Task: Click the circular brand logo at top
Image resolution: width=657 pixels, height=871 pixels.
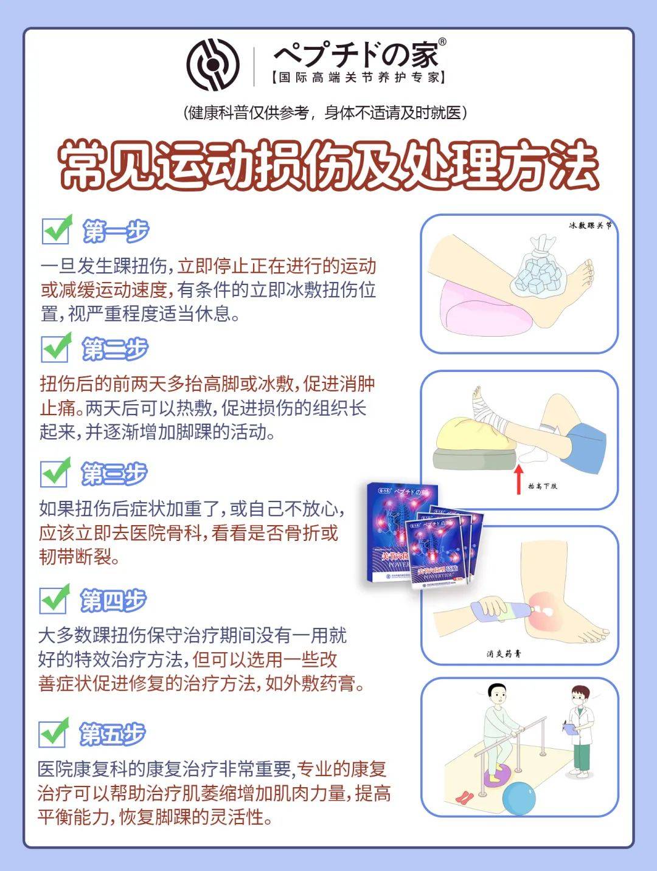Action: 213,64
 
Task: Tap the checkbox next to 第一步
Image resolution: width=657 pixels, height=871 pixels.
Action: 57,230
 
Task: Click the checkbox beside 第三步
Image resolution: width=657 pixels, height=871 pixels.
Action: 55,473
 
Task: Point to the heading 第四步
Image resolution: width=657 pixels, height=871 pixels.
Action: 113,600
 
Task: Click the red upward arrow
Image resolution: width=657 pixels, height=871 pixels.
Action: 518,479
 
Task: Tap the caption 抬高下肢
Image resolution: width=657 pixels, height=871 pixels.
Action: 542,486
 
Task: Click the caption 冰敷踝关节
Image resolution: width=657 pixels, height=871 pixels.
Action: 589,225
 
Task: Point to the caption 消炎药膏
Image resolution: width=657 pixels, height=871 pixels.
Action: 504,654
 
